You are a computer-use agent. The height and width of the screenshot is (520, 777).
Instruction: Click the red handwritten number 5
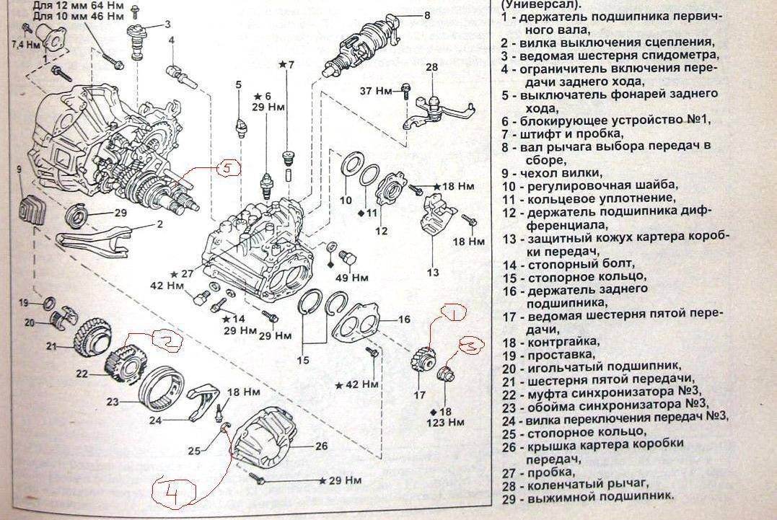(225, 168)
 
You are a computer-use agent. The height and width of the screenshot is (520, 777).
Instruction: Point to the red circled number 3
(468, 346)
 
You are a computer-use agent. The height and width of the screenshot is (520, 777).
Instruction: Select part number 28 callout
(431, 67)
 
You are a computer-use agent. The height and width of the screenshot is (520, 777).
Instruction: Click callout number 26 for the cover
(321, 446)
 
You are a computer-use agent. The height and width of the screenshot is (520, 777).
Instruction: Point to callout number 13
(432, 273)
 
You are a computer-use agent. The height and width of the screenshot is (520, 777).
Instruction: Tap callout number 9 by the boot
(20, 169)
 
